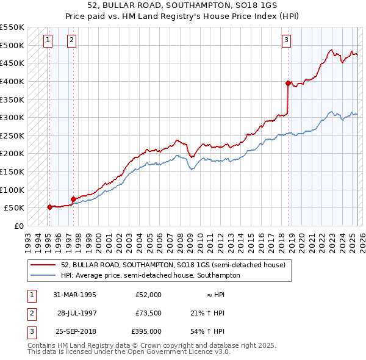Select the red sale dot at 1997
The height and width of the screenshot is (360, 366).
[x=73, y=199]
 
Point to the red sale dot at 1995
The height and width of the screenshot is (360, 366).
[x=50, y=207]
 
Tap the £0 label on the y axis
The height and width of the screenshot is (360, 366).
[x=18, y=226]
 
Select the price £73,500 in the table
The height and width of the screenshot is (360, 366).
[x=148, y=313]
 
